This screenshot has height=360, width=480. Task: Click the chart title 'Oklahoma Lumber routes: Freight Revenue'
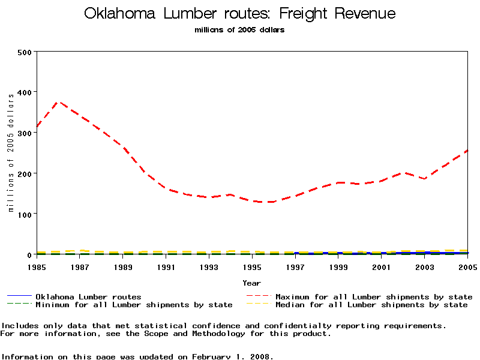point(240,14)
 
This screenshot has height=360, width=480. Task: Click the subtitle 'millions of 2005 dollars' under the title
point(240,30)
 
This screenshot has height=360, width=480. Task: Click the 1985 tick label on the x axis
point(37,267)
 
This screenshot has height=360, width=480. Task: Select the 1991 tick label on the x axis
point(166,267)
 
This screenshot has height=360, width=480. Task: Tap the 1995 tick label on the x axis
point(252,267)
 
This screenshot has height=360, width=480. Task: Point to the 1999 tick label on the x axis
point(338,267)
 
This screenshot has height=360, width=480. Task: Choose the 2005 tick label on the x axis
point(467,267)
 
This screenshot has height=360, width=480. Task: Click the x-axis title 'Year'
point(252,283)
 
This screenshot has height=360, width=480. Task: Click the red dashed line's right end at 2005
point(467,151)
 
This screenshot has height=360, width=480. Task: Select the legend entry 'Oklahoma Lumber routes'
point(88,297)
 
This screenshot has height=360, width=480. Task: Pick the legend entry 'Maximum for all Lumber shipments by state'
point(374,297)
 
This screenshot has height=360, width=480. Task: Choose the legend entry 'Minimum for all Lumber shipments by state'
point(134,305)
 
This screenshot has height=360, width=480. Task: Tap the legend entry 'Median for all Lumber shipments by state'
point(371,305)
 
